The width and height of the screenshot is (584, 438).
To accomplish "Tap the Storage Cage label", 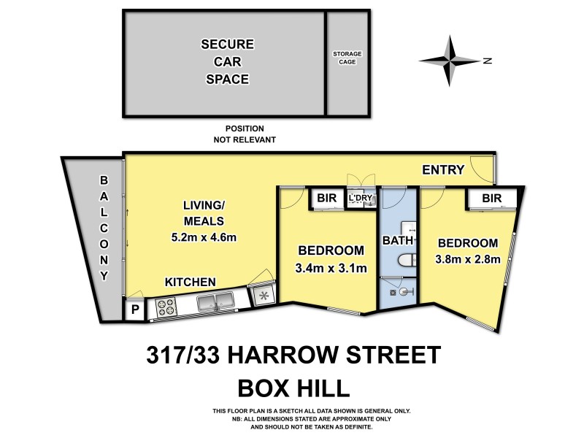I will [347, 58].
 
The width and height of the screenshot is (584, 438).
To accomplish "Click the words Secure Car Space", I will [225, 61].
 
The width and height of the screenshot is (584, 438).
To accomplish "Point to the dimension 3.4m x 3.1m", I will [331, 268].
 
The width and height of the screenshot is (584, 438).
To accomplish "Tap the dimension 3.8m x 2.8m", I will [467, 259].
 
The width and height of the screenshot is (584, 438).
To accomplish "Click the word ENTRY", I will [443, 170].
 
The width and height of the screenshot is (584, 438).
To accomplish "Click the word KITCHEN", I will [189, 282].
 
